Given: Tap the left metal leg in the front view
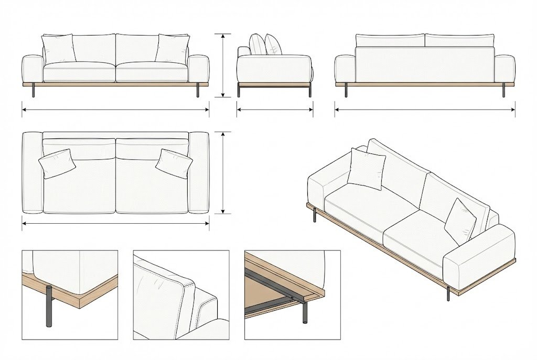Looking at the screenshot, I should coord(34,91).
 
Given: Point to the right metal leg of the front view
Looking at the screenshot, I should coord(198,91).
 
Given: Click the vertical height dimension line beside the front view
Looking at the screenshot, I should coord(223,66).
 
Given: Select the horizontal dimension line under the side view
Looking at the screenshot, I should coord(275,110).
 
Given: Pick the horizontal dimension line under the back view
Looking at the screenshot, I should coord(425,110).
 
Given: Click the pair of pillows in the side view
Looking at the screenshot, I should coord(265,45).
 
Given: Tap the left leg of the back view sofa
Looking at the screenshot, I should coord(347,91).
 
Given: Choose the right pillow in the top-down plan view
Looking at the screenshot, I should coord(174,163).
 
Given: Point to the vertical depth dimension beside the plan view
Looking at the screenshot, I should coord(224,173).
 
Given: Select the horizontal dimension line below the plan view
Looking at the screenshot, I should coord(115,223).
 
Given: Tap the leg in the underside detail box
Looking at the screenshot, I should coord(304,312).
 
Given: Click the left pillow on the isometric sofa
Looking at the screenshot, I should coord(366,169).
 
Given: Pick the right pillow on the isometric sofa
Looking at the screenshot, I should coord(460,222).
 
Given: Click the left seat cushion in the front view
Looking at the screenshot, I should coord(79,72).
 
